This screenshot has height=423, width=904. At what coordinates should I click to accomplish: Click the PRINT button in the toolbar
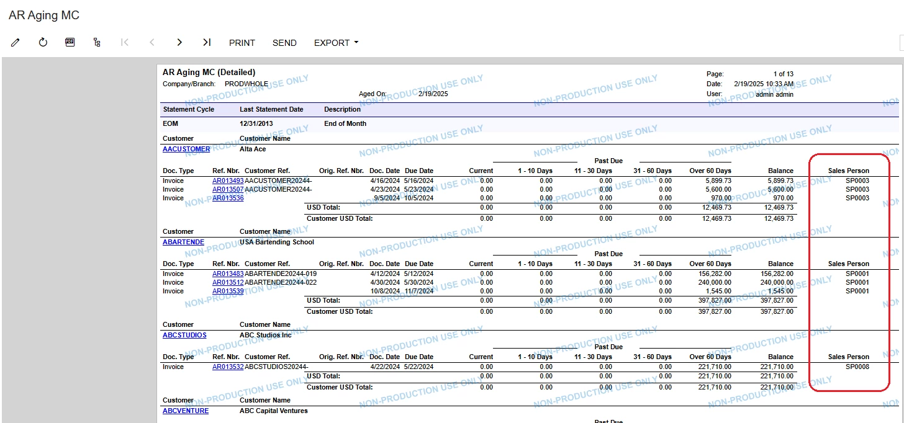point(242,43)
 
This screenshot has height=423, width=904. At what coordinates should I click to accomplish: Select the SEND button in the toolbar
point(284,43)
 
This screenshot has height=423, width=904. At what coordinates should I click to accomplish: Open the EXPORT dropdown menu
point(336,43)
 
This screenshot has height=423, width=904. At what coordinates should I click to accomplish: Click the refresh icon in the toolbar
point(43,42)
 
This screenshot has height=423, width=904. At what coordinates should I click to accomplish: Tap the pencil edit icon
point(16,42)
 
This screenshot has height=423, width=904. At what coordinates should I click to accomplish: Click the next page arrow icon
point(179,42)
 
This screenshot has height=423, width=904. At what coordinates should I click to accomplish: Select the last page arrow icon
point(207,42)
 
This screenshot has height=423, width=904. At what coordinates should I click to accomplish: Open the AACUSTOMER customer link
point(186,149)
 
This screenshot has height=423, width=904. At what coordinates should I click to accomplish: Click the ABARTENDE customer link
point(183,242)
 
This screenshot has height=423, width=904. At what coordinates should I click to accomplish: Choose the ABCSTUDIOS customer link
point(184,335)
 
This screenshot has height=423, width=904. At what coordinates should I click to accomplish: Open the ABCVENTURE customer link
point(186,411)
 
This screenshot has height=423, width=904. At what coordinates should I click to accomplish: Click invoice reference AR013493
point(228,180)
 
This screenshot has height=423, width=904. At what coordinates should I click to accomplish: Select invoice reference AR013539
point(228,291)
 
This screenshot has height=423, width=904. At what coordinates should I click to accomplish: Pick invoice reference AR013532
point(228,367)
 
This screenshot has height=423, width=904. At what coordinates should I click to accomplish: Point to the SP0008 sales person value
point(857,367)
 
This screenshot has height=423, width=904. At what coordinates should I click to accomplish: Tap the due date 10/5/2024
point(419,198)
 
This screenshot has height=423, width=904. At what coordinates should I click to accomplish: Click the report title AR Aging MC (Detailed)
point(209,73)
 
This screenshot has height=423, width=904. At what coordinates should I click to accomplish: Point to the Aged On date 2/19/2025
point(433,94)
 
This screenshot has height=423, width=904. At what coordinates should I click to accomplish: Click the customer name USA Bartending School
point(277,242)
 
